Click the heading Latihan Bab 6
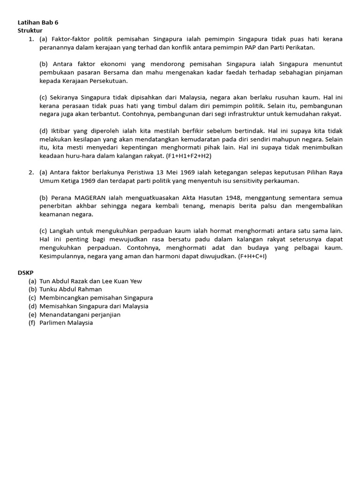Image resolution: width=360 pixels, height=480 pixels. click(x=38, y=22)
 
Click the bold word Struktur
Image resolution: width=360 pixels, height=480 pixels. click(x=30, y=30)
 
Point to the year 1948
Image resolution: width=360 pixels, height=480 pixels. click(x=232, y=197)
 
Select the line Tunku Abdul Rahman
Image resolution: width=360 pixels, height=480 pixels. click(x=70, y=289)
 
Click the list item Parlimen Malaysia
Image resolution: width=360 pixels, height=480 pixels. click(x=66, y=322)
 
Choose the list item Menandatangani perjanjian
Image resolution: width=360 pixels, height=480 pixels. click(x=80, y=315)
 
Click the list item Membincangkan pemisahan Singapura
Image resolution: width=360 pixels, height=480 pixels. click(x=96, y=298)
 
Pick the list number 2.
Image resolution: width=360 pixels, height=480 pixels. click(x=31, y=172)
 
